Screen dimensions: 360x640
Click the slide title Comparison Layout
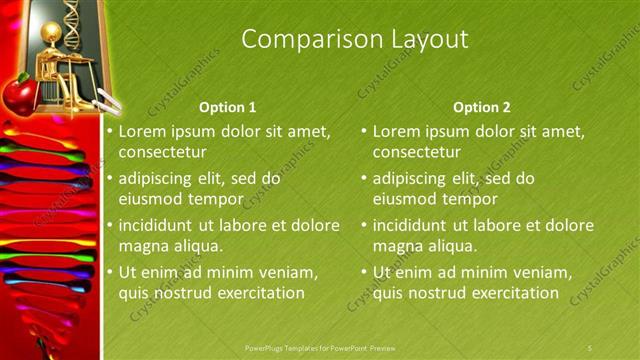click(355, 39)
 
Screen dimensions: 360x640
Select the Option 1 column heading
click(227, 107)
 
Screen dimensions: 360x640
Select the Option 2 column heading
click(481, 107)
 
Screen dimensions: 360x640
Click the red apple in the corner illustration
click(19, 96)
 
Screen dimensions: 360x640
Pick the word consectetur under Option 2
click(417, 152)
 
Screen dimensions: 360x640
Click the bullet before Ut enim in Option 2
click(364, 272)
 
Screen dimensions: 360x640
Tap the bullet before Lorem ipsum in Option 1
click(110, 131)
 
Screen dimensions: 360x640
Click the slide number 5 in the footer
click(590, 347)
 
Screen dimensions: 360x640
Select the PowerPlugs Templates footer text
click(320, 347)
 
